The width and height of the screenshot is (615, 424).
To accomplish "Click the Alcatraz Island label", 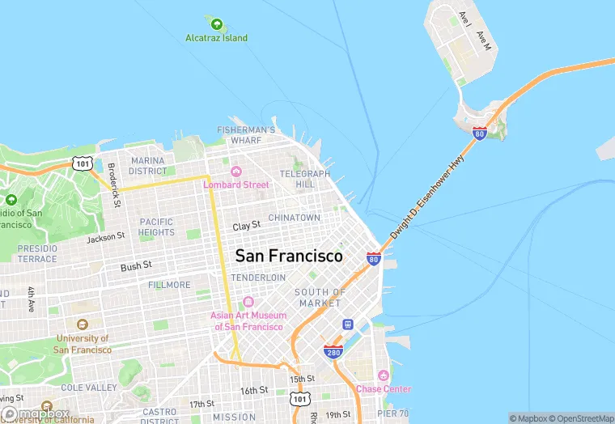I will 216,38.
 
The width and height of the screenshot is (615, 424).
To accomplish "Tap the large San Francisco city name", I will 288,256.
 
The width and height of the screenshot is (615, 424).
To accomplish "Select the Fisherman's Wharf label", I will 246,134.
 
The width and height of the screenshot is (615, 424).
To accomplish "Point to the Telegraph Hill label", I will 304,179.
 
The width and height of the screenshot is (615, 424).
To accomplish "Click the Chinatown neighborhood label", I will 294,218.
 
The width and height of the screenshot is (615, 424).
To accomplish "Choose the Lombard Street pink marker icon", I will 236,171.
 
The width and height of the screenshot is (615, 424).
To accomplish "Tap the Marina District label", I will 147,166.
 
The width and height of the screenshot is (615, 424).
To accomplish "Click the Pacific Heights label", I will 156,227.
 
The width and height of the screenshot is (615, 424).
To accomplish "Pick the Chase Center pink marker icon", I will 384,375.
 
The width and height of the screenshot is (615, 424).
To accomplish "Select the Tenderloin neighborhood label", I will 258,278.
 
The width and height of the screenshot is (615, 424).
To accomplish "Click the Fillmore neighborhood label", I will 169,285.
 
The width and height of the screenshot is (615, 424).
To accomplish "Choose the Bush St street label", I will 136,265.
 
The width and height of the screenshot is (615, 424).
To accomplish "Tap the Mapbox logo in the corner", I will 36,413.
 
